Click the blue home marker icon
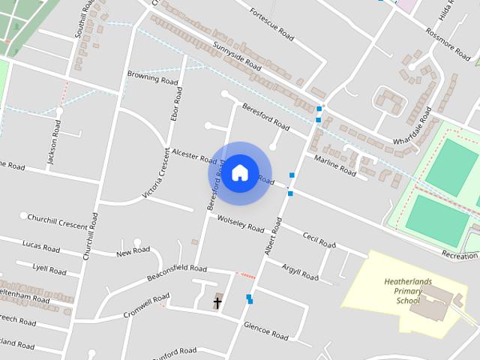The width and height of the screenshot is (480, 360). point(239,172)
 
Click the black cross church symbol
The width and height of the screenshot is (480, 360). point(217,303)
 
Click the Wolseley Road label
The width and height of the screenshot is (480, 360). point(240,223)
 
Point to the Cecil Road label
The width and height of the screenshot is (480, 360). point(319,239)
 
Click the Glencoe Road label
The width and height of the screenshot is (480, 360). point(265,331)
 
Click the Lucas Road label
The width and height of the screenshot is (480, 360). point(41,246)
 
